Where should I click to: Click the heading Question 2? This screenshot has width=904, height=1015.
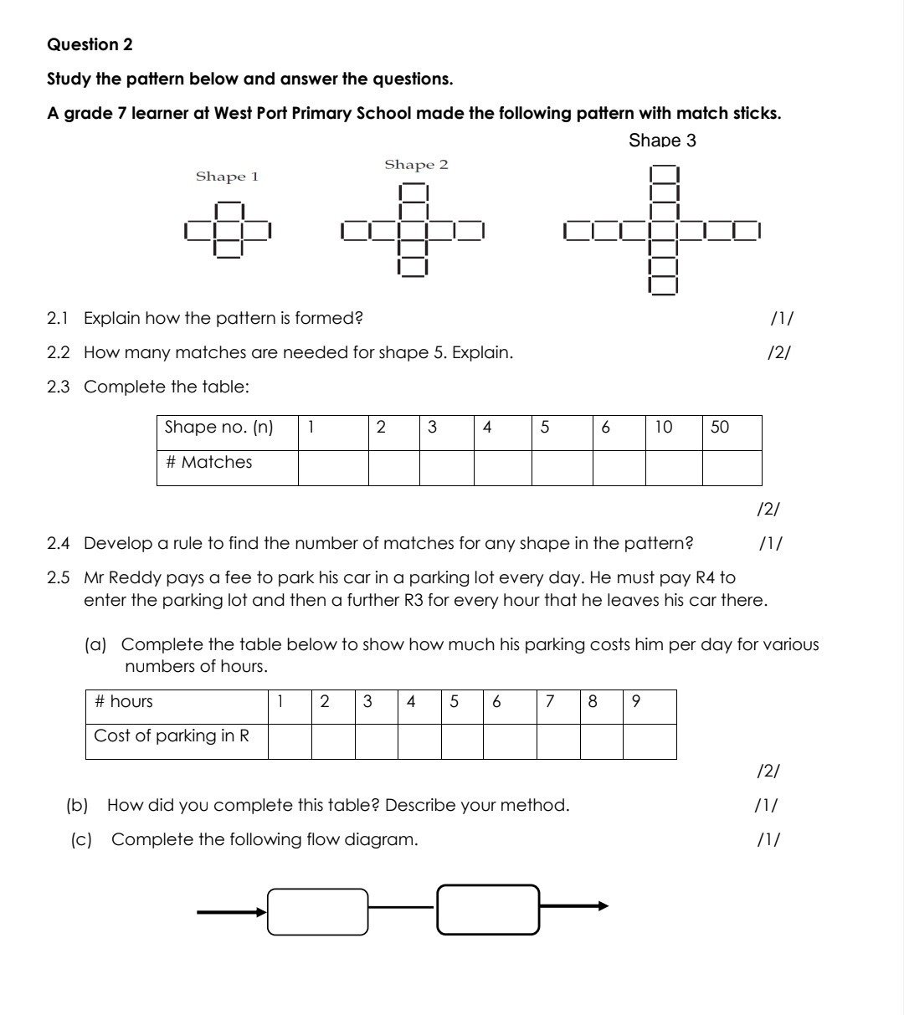pyautogui.click(x=90, y=44)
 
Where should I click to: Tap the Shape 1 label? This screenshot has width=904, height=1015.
pyautogui.click(x=227, y=177)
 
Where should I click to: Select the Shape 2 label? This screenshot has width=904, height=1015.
pyautogui.click(x=416, y=165)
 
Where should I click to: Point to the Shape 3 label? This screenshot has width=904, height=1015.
pyautogui.click(x=662, y=141)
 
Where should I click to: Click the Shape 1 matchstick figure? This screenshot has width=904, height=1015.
pyautogui.click(x=229, y=229)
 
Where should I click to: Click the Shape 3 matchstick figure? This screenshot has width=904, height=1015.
pyautogui.click(x=662, y=229)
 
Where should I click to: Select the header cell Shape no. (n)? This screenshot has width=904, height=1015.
pyautogui.click(x=227, y=428)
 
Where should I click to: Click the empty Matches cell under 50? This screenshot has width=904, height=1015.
pyautogui.click(x=731, y=468)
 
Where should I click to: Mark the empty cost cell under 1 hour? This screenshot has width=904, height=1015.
pyautogui.click(x=290, y=741)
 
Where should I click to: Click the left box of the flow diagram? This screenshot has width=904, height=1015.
pyautogui.click(x=318, y=911)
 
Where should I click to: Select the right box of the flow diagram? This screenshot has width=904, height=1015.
pyautogui.click(x=488, y=910)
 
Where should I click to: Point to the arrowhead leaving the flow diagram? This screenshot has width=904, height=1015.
pyautogui.click(x=602, y=905)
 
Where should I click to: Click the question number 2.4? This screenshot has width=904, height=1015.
pyautogui.click(x=59, y=544)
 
